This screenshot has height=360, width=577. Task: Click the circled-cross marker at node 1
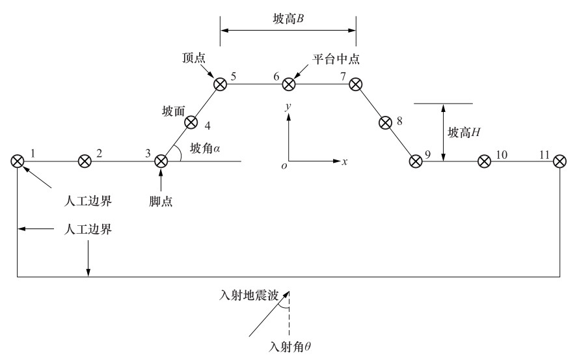pyautogui.click(x=18, y=161)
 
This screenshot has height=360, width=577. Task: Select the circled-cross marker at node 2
pyautogui.click(x=85, y=161)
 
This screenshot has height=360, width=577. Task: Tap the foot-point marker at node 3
pyautogui.click(x=161, y=161)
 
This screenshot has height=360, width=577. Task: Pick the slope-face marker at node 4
pyautogui.click(x=191, y=122)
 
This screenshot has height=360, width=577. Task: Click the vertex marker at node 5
pyautogui.click(x=221, y=84)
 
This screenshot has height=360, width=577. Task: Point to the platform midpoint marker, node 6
pyautogui.click(x=289, y=84)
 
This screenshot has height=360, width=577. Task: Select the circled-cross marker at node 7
pyautogui.click(x=355, y=84)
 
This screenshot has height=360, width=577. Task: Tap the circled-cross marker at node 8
pyautogui.click(x=385, y=122)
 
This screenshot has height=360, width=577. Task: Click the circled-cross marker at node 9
pyautogui.click(x=416, y=161)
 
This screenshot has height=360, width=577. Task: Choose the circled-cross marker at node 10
pyautogui.click(x=484, y=161)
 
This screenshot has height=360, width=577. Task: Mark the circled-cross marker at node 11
pyautogui.click(x=560, y=161)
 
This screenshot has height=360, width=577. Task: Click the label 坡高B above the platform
pyautogui.click(x=289, y=19)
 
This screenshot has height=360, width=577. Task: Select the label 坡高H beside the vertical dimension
pyautogui.click(x=464, y=133)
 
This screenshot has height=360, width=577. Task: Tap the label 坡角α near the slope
pyautogui.click(x=205, y=148)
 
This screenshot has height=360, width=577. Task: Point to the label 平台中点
pyautogui.click(x=336, y=59)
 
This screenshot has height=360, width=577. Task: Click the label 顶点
pyautogui.click(x=194, y=58)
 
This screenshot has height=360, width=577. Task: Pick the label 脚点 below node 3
pyautogui.click(x=161, y=201)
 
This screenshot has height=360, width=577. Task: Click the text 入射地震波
pyautogui.click(x=248, y=295)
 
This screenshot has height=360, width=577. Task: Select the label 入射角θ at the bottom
pyautogui.click(x=290, y=347)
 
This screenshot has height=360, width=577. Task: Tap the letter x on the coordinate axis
pyautogui.click(x=344, y=161)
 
